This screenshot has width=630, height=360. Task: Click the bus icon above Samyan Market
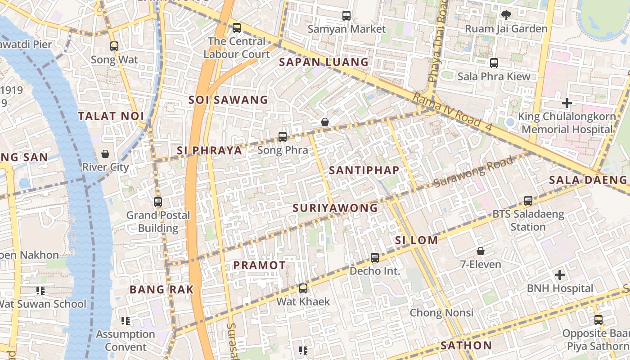346,16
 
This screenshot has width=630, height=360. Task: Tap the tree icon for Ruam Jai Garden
506,15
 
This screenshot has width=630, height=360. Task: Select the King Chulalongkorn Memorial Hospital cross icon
567,103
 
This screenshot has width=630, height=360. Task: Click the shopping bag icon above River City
105,154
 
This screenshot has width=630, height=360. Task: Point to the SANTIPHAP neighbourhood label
364,170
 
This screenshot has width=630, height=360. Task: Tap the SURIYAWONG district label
335,208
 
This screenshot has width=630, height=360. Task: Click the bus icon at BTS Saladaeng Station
528,201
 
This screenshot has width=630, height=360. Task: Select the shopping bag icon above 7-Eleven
481,251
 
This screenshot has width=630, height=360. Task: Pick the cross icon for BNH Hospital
560,274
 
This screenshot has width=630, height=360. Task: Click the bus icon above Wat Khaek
303,288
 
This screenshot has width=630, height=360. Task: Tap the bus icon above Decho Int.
375,258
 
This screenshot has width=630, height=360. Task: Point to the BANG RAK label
162,289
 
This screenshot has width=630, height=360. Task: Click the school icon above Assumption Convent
126,321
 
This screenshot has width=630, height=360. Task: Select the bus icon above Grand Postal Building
158,202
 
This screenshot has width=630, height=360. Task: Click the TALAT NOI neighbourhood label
111,116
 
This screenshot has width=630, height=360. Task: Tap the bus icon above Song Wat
114,46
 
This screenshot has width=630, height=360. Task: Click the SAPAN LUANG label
324,62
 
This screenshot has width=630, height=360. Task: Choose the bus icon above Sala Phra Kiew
494,63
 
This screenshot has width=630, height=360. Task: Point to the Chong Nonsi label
441,313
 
